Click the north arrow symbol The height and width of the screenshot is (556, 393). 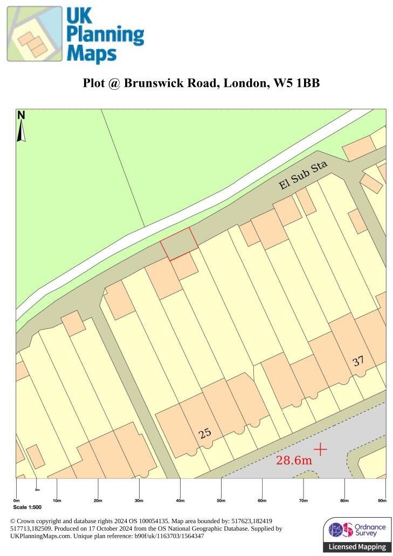tap(22, 127)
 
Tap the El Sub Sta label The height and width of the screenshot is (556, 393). tap(304, 176)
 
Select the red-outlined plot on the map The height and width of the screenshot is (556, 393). tap(179, 243)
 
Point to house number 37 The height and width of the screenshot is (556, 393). tap(358, 361)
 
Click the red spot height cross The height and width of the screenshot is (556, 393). tap(320, 448)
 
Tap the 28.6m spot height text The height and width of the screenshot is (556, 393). tap(294, 460)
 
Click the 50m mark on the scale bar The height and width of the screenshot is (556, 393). tap(221, 501)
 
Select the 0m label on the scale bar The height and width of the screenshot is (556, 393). tap(16, 501)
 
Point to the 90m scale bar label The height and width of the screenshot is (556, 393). tap(382, 501)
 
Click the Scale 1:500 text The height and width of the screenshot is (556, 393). tap(27, 508)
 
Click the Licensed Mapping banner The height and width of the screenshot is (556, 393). tap(357, 547)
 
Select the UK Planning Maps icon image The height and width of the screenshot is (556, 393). tap(35, 34)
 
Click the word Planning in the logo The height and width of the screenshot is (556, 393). tap(106, 36)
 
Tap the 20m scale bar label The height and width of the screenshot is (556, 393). tap(98, 501)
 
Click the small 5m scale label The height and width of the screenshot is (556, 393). tap(37, 490)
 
